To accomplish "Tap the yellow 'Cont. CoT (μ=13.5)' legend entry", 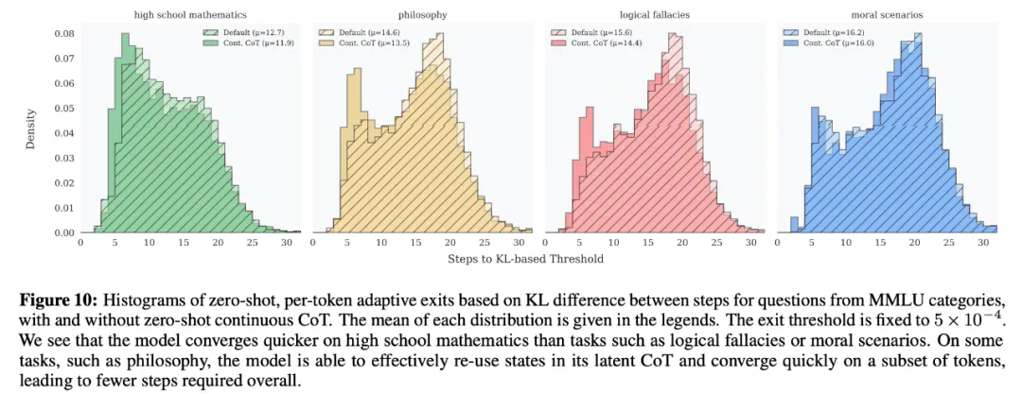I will click(x=375, y=43).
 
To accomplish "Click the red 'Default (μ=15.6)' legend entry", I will click(x=603, y=32).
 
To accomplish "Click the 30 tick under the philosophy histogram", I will click(x=520, y=244).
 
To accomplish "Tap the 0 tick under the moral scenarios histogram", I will click(x=778, y=244).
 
